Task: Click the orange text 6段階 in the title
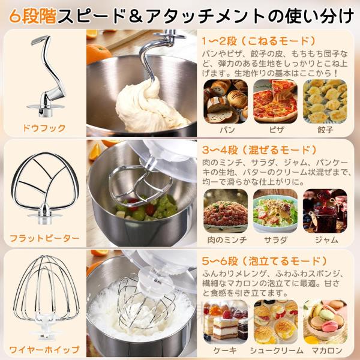click(x=33, y=16)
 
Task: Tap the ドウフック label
click(x=44, y=128)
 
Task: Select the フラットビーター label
click(x=44, y=238)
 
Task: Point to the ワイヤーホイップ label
click(x=44, y=350)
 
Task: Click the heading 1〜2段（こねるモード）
click(x=259, y=41)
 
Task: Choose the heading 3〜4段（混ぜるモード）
click(x=259, y=150)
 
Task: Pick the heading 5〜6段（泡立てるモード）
click(x=265, y=261)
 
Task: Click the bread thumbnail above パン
click(x=226, y=101)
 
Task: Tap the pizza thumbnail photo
click(x=275, y=101)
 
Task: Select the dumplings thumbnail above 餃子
click(x=325, y=101)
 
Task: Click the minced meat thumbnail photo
click(x=226, y=211)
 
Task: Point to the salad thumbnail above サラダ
click(x=275, y=211)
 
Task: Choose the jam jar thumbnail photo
click(x=325, y=211)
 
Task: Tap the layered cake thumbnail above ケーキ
click(x=226, y=322)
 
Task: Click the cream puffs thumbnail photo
click(x=275, y=322)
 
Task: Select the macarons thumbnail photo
click(x=325, y=322)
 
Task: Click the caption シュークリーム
click(x=277, y=350)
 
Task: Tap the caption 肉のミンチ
click(x=227, y=240)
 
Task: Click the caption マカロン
click(x=327, y=350)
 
